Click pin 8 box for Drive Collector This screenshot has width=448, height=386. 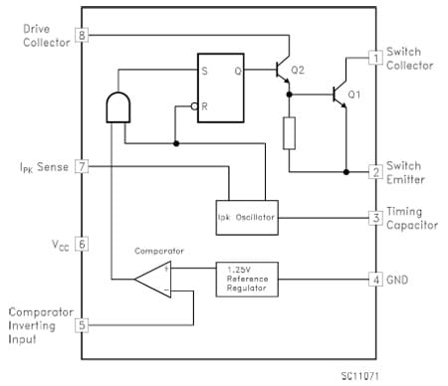click(x=82, y=36)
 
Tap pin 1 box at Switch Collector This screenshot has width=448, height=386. click(x=375, y=58)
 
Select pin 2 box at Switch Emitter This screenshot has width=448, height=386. click(x=375, y=171)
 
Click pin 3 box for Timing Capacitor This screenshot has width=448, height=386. click(x=375, y=217)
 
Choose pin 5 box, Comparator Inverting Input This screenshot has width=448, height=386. click(x=82, y=323)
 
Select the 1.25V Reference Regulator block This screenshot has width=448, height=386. click(x=248, y=278)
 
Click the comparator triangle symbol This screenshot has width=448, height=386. click(x=153, y=279)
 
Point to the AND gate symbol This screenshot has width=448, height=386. click(x=117, y=108)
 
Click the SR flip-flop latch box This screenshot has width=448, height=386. click(x=220, y=87)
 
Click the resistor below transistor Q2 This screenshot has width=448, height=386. click(x=289, y=132)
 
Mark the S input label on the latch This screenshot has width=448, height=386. click(x=206, y=71)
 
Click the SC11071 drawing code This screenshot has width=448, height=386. click(x=359, y=374)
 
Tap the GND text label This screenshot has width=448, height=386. click(x=399, y=279)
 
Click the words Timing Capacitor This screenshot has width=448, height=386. click(x=411, y=218)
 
